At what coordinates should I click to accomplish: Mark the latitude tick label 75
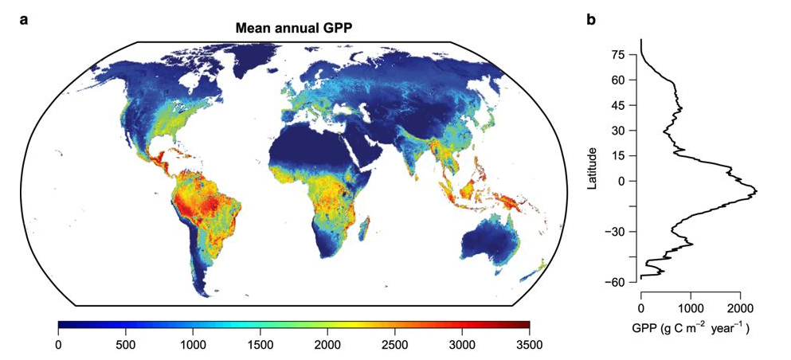618,54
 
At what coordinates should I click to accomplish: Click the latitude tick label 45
618,105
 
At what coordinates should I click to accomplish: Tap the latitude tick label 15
618,155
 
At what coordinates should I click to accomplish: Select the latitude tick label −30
615,232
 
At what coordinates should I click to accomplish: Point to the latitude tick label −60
615,283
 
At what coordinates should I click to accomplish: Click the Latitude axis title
592,168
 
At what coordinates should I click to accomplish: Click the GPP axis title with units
691,327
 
